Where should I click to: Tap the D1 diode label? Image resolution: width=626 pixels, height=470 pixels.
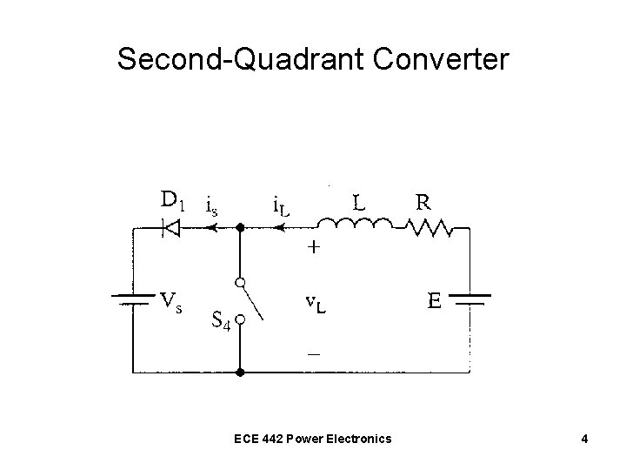[173, 202]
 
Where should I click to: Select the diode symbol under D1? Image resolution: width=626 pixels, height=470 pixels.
[172, 229]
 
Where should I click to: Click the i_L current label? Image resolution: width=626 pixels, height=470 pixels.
[281, 205]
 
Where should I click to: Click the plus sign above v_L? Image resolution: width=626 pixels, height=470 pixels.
[313, 247]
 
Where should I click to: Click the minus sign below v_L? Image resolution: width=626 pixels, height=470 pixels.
[313, 354]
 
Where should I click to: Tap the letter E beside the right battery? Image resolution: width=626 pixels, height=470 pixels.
[435, 303]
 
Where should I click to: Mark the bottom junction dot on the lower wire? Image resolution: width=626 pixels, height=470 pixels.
[241, 373]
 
